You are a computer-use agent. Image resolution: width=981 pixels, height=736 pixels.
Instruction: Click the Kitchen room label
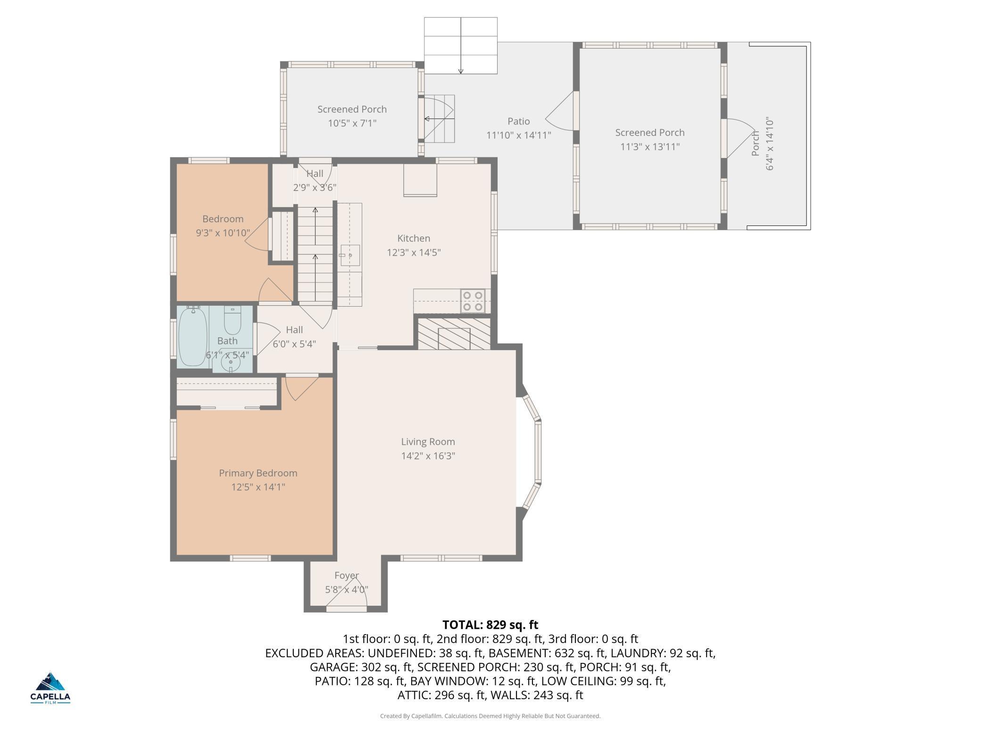pos(414,238)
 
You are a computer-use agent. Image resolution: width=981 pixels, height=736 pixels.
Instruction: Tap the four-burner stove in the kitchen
pos(473,301)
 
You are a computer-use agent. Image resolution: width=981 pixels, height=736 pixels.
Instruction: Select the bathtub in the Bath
pos(193,336)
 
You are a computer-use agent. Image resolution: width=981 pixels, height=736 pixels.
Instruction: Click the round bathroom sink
pos(231,362)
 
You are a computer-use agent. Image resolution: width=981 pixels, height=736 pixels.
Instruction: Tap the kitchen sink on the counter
pos(350,255)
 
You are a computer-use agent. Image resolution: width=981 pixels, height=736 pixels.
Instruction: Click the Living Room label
pos(428,442)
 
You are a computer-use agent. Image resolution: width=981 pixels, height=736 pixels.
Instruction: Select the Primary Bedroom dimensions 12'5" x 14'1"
pos(258,487)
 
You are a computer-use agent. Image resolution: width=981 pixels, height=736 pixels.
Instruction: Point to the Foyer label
pos(347,576)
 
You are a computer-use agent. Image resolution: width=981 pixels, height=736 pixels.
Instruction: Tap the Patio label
pos(519,121)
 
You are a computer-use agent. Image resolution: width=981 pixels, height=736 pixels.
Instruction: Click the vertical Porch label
pos(756,143)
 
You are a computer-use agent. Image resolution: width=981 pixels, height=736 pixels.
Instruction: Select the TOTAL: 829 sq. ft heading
pos(490,625)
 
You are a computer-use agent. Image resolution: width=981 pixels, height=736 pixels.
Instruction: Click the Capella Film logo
pos(50,688)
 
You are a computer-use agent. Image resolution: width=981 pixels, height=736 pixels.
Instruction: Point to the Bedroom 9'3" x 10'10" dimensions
pos(223,233)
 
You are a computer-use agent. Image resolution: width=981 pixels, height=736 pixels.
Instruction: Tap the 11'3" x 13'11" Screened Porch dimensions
pos(650,147)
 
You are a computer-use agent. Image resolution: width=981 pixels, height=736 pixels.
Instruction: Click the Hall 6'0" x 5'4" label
pos(294,337)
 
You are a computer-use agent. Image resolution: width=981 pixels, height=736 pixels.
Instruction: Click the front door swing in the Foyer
pos(347,597)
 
